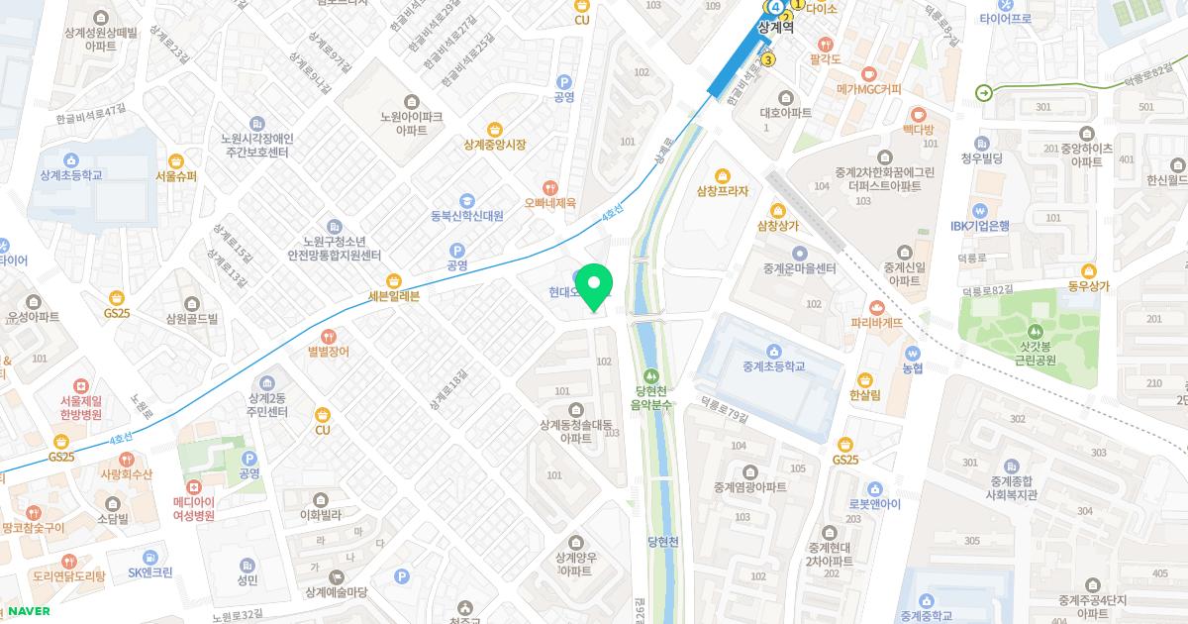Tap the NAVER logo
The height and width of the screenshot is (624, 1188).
coord(28,611)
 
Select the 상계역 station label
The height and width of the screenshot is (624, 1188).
coord(775,28)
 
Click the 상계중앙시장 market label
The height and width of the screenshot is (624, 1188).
coord(494,145)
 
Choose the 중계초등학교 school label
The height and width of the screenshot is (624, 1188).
coord(773,366)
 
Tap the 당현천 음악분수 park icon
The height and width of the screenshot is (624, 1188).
coord(652,376)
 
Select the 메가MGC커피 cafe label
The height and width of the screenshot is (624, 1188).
coord(868,89)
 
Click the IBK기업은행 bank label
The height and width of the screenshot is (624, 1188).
coord(979,226)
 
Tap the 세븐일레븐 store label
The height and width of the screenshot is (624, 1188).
coord(394,296)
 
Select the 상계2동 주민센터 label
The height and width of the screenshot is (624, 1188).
coord(267,404)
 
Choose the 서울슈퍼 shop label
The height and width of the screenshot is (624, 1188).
coord(176,176)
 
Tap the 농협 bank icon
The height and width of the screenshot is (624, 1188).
coord(912,353)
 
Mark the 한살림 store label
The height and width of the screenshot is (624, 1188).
coord(864,394)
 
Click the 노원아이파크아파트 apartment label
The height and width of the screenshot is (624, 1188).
coord(411,123)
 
